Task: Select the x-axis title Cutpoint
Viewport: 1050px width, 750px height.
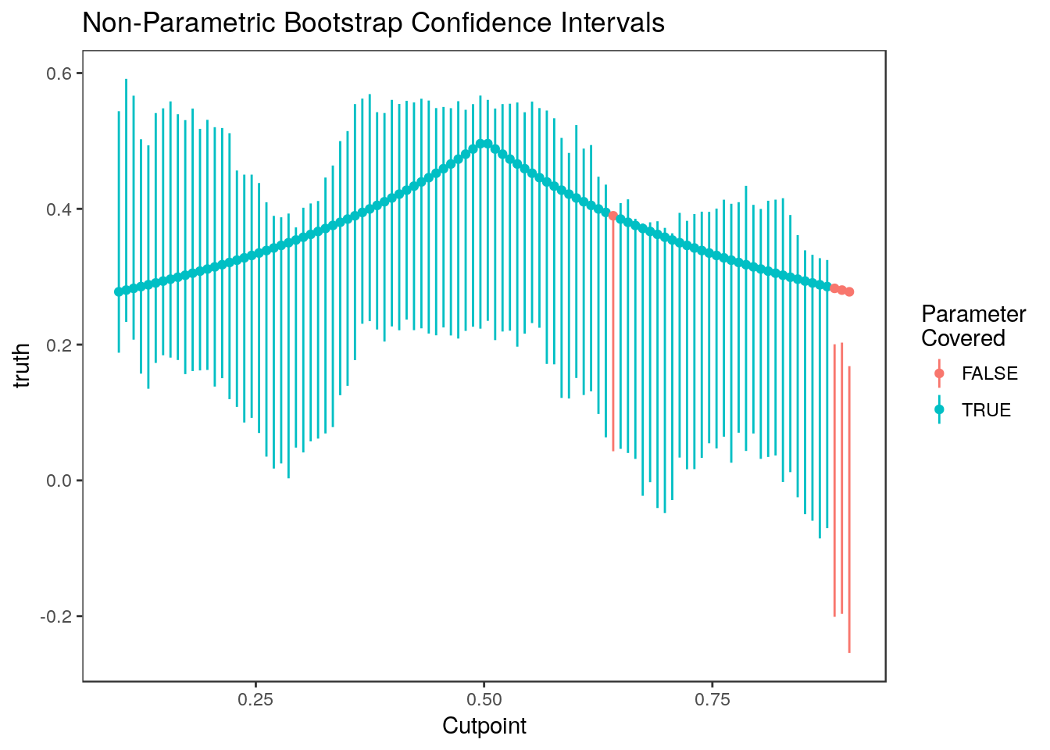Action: (484, 726)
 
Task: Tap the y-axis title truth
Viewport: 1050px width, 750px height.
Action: (23, 366)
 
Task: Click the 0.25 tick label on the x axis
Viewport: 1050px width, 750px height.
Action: (255, 698)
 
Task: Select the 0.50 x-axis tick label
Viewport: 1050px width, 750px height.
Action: (484, 698)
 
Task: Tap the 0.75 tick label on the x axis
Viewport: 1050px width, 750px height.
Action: (712, 698)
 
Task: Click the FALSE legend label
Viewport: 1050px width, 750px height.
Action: (990, 373)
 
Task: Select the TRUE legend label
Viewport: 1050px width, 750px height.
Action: (986, 410)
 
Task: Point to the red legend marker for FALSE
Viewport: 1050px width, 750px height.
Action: (939, 373)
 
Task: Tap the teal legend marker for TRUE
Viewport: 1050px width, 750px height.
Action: (939, 410)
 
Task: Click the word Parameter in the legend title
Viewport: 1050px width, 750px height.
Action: (973, 314)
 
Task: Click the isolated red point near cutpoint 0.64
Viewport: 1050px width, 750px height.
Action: (613, 216)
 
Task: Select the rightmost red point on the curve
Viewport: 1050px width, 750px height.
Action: (849, 292)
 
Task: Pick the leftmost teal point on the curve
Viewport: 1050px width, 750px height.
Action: (119, 292)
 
